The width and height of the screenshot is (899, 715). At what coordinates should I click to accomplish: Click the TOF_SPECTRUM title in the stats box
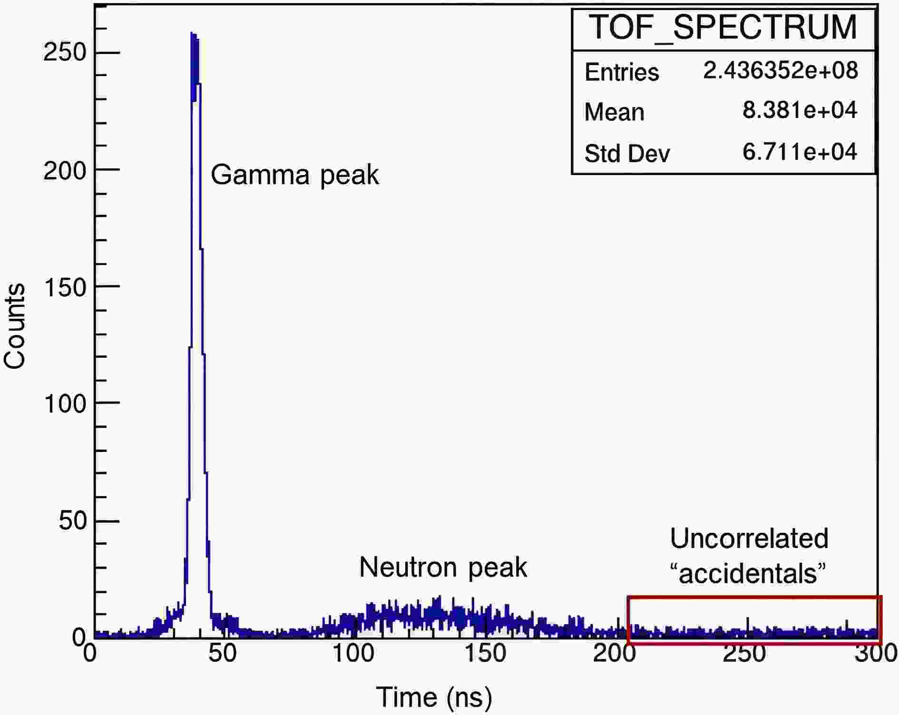(723, 28)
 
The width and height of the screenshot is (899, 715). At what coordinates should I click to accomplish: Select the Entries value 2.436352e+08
(781, 70)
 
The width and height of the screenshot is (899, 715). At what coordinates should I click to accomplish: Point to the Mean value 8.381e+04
(800, 110)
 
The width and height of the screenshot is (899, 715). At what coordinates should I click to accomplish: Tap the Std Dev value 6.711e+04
(800, 152)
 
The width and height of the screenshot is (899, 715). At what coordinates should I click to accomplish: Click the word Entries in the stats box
(622, 72)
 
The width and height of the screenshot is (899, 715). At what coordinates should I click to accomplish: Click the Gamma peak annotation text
(294, 175)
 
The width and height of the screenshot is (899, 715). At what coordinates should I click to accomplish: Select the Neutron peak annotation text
(443, 567)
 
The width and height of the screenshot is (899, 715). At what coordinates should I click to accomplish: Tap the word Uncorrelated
(749, 539)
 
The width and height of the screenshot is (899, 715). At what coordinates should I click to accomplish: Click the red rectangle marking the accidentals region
(754, 597)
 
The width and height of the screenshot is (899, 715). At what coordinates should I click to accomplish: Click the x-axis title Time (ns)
(434, 697)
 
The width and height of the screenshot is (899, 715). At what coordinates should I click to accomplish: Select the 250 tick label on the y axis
(65, 52)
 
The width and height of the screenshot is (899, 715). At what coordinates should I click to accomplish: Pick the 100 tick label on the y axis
(65, 403)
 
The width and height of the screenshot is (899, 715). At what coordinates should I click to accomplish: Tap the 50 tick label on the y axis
(72, 520)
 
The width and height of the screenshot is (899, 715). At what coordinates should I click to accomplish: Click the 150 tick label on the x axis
(484, 654)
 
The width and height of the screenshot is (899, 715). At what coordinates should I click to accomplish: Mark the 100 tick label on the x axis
(353, 654)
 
